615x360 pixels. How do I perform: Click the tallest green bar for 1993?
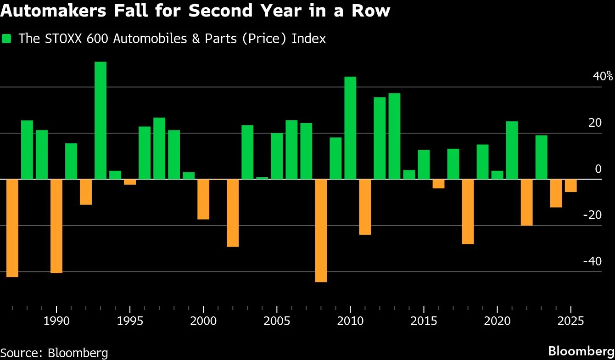pos(101,120)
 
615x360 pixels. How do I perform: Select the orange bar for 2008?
pos(321,230)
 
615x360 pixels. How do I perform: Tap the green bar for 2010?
pos(350,128)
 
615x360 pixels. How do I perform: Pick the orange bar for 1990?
pos(56,226)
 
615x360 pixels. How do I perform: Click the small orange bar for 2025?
pos(570,186)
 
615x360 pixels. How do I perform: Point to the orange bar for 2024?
pos(556,193)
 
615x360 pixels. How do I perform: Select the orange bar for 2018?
pos(468,212)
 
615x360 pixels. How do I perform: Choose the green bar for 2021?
pos(512,150)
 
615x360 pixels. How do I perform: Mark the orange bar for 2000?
pos(203,199)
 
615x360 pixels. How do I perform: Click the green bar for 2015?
pos(424,164)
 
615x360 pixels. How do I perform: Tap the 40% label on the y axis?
pos(603,76)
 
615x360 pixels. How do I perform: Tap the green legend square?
pos(7,39)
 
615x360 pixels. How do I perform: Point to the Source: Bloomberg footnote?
pos(54,353)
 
